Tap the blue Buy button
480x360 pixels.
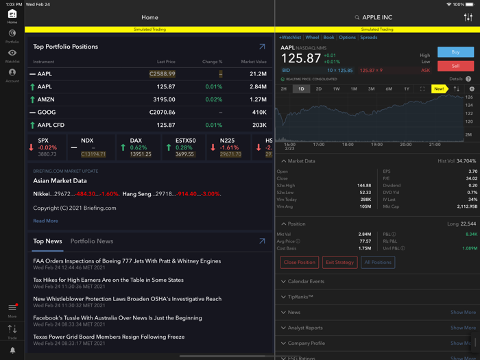pyautogui.click(x=455, y=52)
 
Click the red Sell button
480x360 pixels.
pyautogui.click(x=455, y=66)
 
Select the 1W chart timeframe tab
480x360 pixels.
pyautogui.click(x=336, y=89)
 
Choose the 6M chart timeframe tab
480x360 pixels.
pyautogui.click(x=389, y=89)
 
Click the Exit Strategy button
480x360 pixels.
pyautogui.click(x=339, y=262)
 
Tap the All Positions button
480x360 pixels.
pyautogui.click(x=377, y=262)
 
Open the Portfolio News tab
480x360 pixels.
pyautogui.click(x=91, y=241)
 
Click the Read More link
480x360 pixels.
pyautogui.click(x=45, y=221)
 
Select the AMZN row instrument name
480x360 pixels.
pyautogui.click(x=46, y=99)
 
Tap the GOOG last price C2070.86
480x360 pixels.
pyautogui.click(x=163, y=112)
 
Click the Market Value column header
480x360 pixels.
pyautogui.click(x=253, y=62)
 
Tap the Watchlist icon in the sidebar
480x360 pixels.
pyautogui.click(x=12, y=55)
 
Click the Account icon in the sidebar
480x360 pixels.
pyautogui.click(x=12, y=75)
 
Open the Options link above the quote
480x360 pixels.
pyautogui.click(x=347, y=38)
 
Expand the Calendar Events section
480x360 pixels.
pyautogui.click(x=306, y=281)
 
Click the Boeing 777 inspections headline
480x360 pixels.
pyautogui.click(x=127, y=261)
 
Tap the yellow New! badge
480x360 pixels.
pyautogui.click(x=438, y=89)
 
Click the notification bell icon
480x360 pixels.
pyautogui.click(x=12, y=350)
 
